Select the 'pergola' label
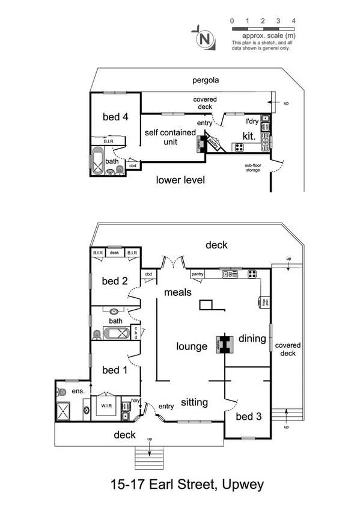(205, 80)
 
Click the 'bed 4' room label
(116, 117)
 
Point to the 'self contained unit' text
(169, 137)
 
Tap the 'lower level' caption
(180, 179)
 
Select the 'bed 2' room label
(114, 280)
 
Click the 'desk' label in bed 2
(115, 253)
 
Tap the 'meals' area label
(178, 292)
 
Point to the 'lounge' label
(192, 346)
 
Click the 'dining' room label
(252, 339)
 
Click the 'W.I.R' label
(106, 405)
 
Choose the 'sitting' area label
(194, 402)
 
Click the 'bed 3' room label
(248, 416)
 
